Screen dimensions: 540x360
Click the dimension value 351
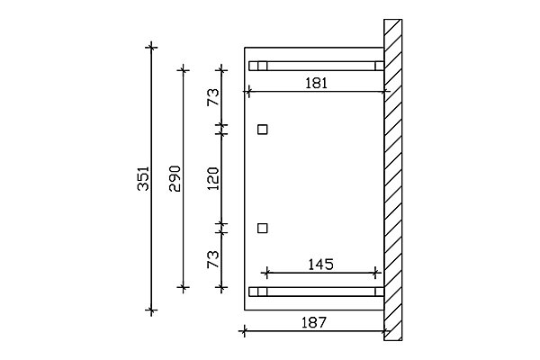tap(143, 178)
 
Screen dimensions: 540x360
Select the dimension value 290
tap(175, 178)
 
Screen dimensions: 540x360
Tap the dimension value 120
tap(213, 178)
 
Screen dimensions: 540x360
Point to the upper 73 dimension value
tap(213, 97)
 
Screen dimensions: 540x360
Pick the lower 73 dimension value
tap(213, 259)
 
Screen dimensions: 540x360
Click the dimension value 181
tap(316, 83)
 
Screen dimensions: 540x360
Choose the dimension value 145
tap(320, 265)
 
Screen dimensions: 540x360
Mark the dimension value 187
tap(314, 323)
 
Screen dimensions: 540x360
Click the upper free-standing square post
tap(263, 130)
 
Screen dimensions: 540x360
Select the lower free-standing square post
tap(263, 228)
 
